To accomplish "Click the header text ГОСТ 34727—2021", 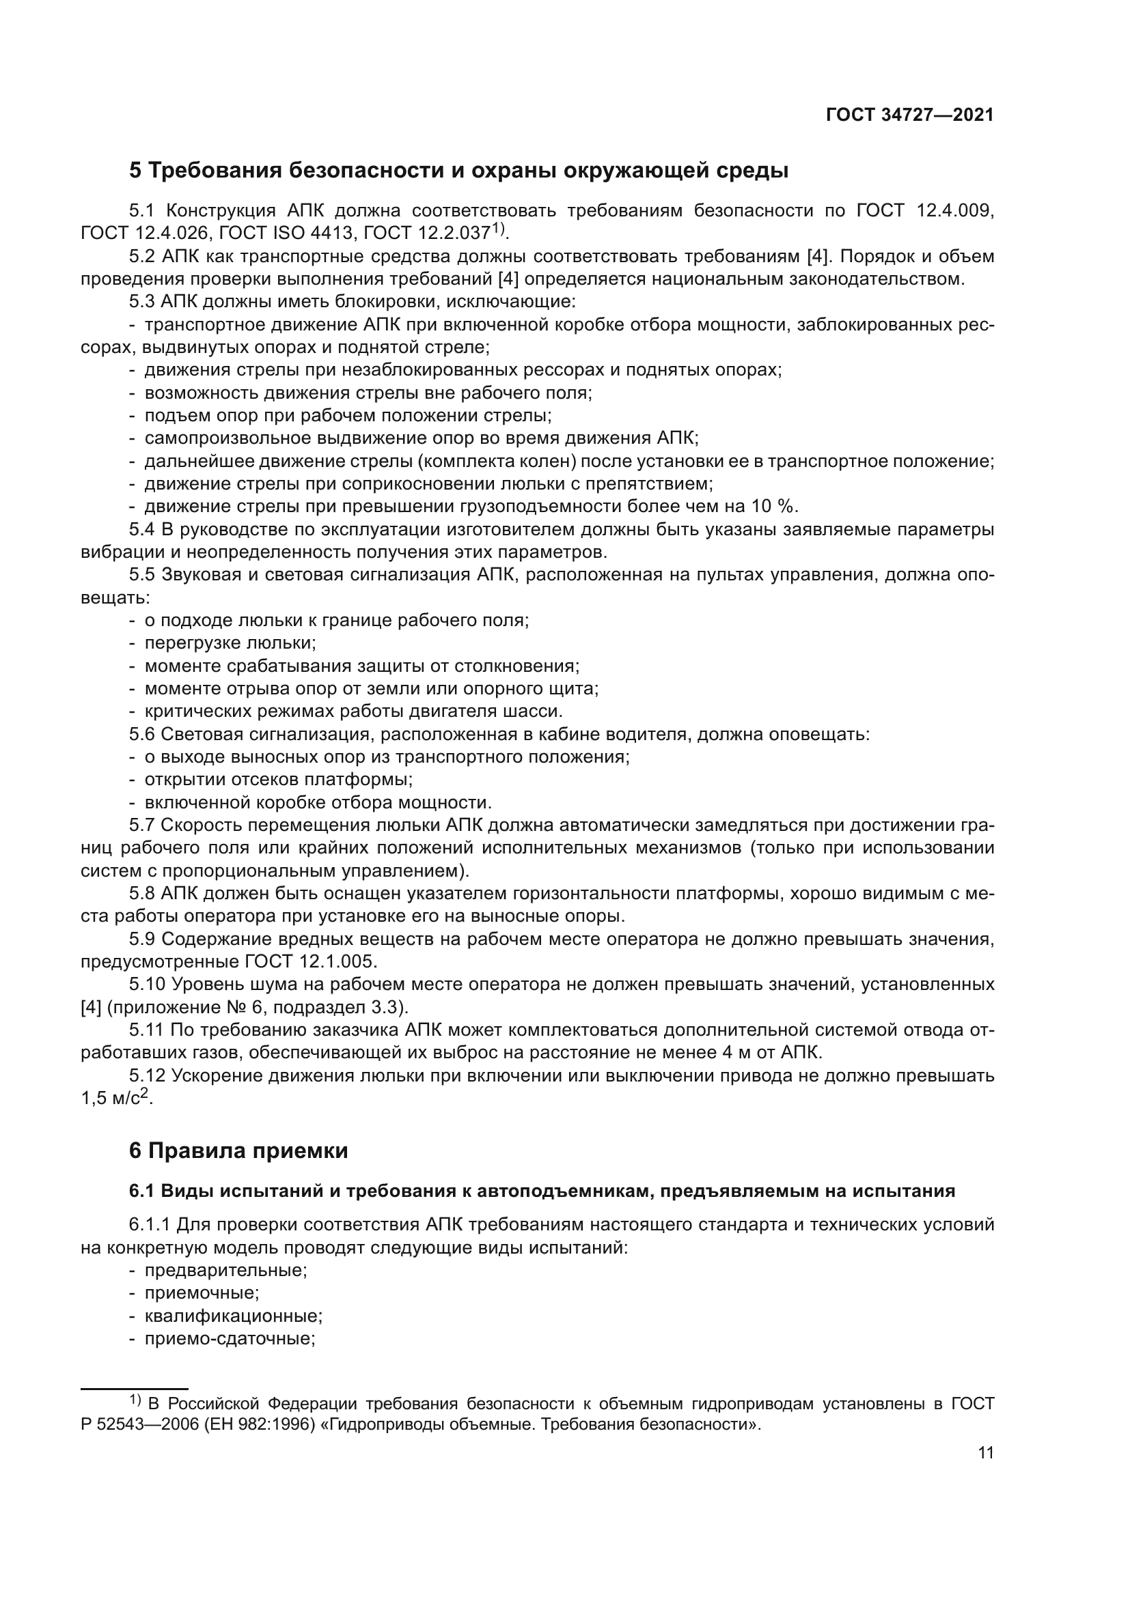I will [909, 115].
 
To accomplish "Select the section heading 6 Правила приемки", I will [238, 1150].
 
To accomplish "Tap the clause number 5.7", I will [143, 825].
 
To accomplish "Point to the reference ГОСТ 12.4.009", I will [925, 210].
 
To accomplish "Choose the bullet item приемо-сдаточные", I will [230, 1339].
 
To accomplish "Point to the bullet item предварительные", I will [225, 1270].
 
